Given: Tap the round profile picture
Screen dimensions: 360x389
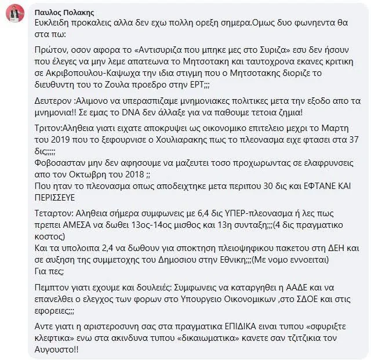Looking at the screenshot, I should click(15, 15).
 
